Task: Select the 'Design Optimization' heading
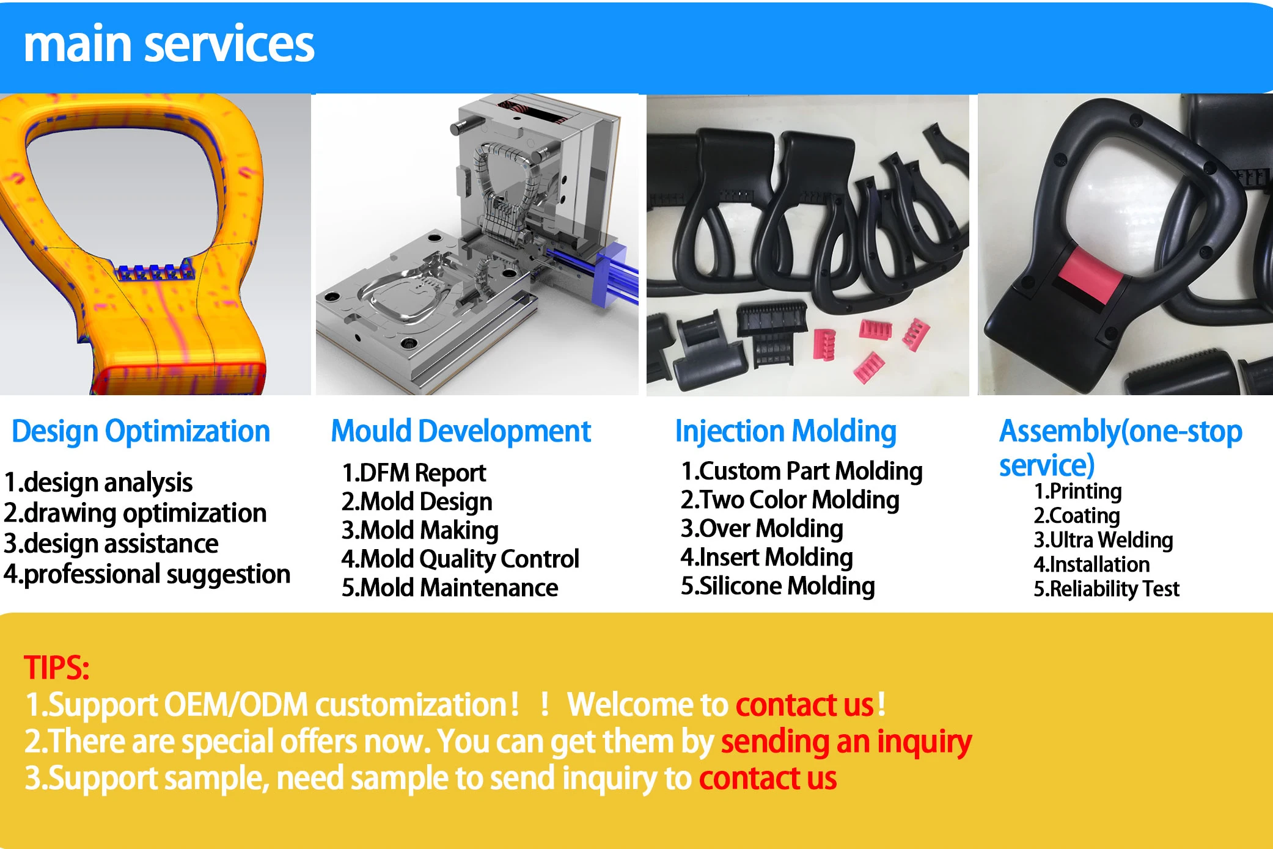pos(141,431)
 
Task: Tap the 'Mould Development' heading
pos(461,431)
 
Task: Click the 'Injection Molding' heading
pos(785,431)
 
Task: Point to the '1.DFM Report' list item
pos(414,473)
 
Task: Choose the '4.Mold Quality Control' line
pos(460,559)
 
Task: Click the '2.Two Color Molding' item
pos(790,500)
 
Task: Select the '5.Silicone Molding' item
pos(777,586)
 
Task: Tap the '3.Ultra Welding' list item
pos(1103,540)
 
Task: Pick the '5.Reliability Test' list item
pos(1106,589)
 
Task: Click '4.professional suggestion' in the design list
pos(147,574)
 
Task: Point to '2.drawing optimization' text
pos(135,513)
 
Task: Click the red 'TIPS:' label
pos(56,668)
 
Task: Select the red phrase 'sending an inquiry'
pos(846,742)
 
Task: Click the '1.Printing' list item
pos(1077,491)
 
